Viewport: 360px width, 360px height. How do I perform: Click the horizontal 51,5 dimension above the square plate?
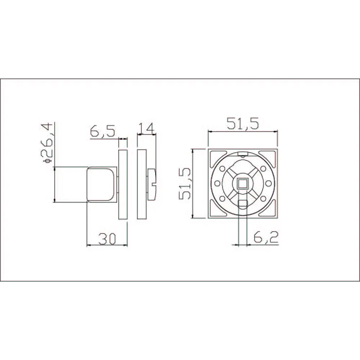pos(243,124)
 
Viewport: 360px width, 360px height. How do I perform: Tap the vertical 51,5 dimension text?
pos(186,184)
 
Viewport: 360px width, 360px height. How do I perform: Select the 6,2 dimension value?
pos(265,237)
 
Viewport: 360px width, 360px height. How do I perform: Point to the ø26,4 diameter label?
pos(47,144)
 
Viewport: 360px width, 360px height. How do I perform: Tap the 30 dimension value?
pos(107,239)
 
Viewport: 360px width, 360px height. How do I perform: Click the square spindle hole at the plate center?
pos(243,184)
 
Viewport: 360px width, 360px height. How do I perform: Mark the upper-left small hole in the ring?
pos(222,168)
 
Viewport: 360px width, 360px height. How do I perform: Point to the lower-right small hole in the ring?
pos(263,199)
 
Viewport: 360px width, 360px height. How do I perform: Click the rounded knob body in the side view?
pos(102,184)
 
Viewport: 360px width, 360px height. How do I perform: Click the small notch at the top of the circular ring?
pos(243,155)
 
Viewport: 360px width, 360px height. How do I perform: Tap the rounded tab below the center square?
pos(243,204)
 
